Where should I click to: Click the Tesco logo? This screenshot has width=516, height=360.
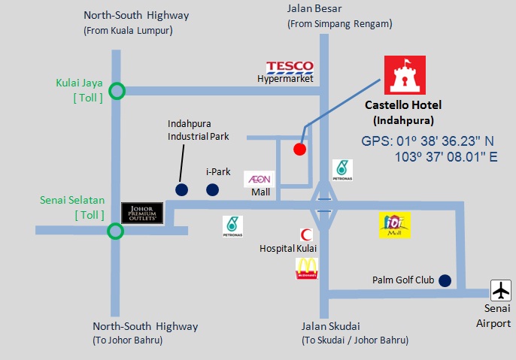pos(290,67)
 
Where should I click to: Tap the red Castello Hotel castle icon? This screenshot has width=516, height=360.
pos(405,75)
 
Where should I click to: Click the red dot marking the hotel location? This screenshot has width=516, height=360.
pos(299,150)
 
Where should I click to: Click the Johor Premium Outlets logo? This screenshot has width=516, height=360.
pos(142,213)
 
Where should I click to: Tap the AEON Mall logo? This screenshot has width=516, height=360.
pos(259,179)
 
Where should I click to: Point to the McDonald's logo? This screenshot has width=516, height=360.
pos(307,268)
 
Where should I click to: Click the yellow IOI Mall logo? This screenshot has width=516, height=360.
pos(395,225)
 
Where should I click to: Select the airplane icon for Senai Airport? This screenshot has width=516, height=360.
pos(501,290)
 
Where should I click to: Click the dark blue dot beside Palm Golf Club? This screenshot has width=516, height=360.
pos(445,280)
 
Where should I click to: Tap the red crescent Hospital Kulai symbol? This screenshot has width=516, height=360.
pos(306,234)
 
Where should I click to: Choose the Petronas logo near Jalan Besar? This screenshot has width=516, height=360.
pos(342,170)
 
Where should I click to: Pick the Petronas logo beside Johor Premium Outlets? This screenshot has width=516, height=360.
pos(232,226)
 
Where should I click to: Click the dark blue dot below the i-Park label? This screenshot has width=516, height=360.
pos(212,189)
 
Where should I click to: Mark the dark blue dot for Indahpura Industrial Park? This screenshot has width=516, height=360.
pos(182,189)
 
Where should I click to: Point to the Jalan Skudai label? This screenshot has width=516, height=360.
pos(330,326)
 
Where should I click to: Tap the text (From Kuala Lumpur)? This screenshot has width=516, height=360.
pos(128,31)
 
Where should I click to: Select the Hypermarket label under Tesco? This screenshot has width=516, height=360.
pos(285,79)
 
